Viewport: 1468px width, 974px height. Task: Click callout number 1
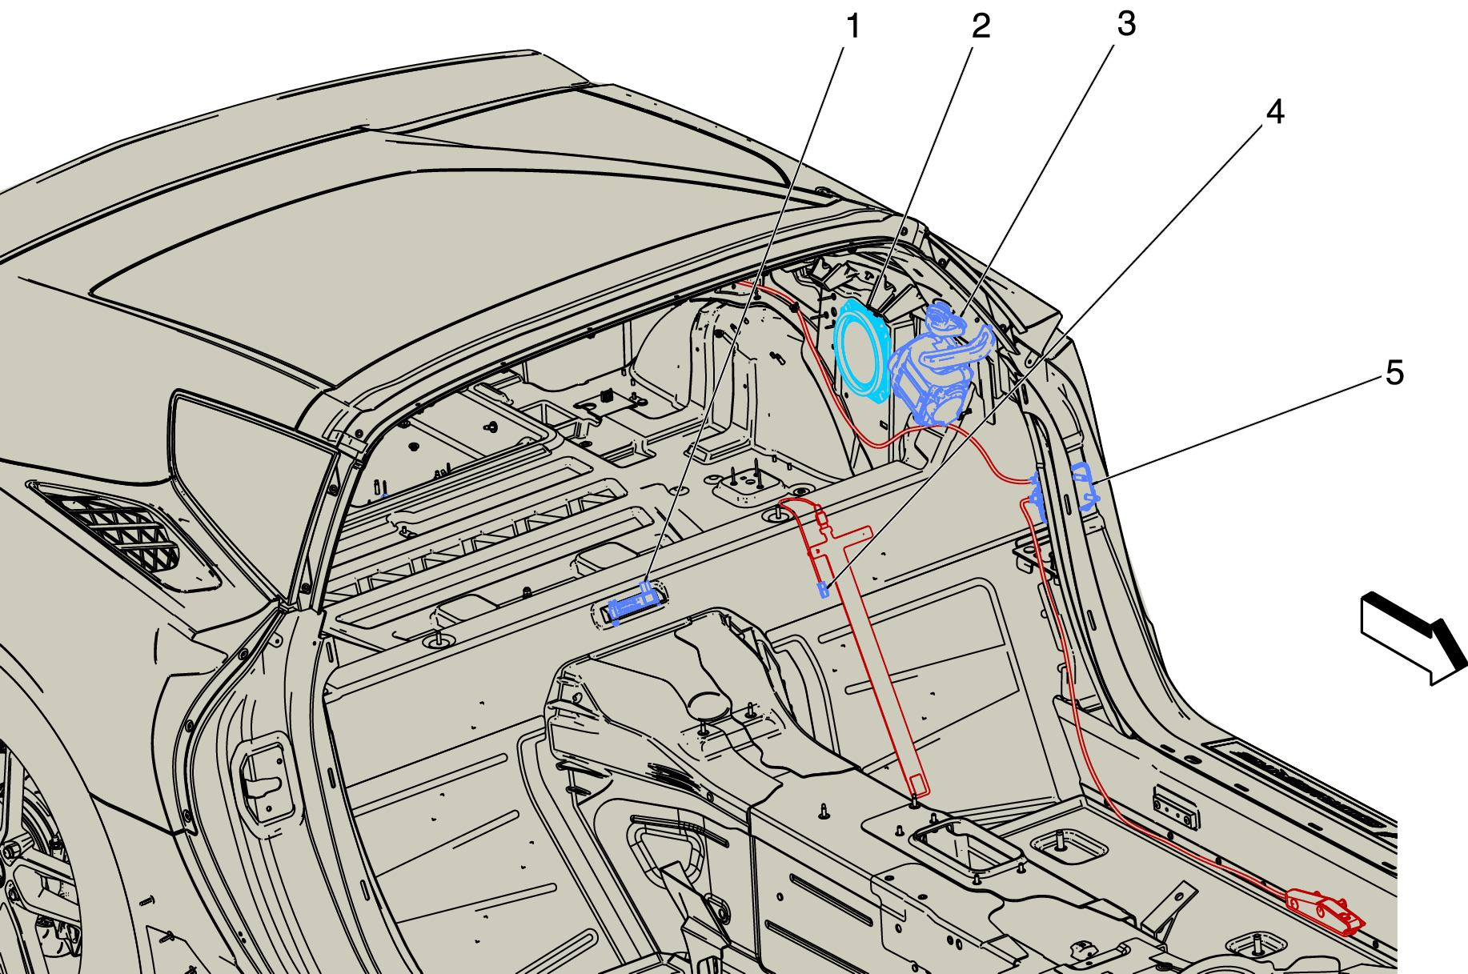853,26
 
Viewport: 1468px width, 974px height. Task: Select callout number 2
981,26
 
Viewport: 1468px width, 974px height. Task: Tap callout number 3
1126,24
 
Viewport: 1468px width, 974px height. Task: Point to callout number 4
1275,112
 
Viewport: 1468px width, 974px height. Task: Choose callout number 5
1394,373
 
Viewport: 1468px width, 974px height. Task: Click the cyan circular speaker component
862,350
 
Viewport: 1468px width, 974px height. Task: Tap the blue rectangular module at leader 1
634,603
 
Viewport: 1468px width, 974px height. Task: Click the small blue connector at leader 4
823,590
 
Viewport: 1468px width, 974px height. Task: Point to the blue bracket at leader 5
1084,487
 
